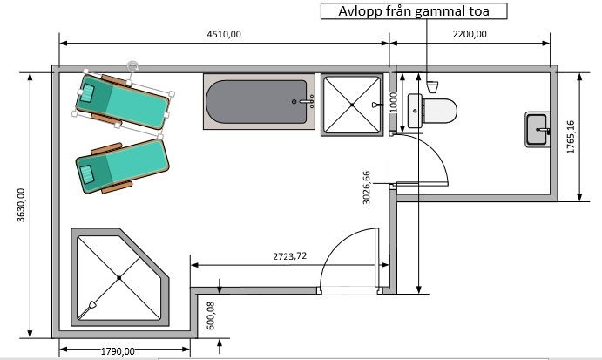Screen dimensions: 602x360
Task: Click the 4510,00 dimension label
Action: point(224,34)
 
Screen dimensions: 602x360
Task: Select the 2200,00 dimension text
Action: point(470,34)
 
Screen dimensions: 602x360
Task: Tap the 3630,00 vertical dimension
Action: point(21,205)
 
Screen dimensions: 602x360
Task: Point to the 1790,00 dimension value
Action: point(118,351)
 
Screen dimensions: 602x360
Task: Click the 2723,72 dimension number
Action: point(290,256)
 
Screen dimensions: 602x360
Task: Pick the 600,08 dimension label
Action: point(210,316)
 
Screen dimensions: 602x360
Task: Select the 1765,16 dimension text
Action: point(571,137)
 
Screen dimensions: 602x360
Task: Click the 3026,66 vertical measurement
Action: point(367,187)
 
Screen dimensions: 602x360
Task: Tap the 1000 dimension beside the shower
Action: point(394,102)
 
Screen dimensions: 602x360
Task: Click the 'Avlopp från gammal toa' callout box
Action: point(414,10)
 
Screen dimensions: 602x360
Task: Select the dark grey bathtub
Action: point(256,102)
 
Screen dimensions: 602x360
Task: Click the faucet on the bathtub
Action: point(305,101)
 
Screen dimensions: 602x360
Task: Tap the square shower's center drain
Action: point(352,105)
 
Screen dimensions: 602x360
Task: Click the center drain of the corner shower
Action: point(119,277)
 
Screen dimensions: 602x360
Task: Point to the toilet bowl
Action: point(439,111)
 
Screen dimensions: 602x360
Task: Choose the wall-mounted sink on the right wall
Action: point(538,130)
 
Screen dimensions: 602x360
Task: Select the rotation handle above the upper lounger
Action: point(132,66)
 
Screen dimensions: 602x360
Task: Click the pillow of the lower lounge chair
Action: point(86,174)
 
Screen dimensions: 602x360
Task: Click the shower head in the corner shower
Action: point(92,305)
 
